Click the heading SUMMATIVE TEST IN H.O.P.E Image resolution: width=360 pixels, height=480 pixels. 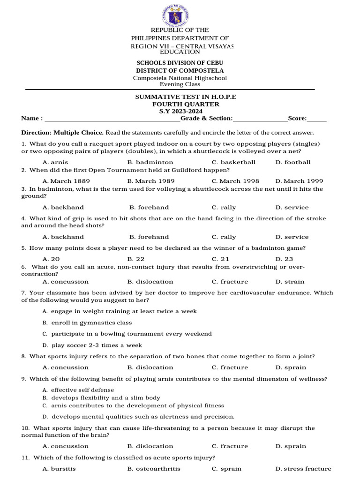[x=186, y=97]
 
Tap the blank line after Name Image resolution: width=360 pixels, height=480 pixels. [x=112, y=119]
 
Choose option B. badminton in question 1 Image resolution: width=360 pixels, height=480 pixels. [x=150, y=162]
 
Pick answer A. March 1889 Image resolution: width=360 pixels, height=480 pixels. [x=66, y=181]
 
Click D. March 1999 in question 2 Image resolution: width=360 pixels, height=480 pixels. [x=299, y=181]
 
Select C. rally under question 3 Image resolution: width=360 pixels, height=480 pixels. [x=224, y=207]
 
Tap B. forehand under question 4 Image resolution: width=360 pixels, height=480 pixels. [x=149, y=237]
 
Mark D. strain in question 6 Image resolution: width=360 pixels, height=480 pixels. [x=290, y=282]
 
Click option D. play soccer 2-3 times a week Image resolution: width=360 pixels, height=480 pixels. [x=92, y=345]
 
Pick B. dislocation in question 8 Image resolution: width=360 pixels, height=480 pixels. [x=150, y=367]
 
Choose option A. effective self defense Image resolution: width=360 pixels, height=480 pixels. [x=78, y=390]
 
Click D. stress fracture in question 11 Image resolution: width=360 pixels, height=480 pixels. [x=303, y=469]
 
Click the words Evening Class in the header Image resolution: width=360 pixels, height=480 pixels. [x=180, y=84]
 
